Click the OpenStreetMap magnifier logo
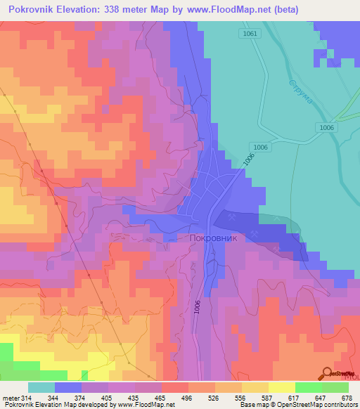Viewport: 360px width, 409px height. pyautogui.click(x=327, y=373)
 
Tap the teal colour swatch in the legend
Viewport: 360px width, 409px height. pyautogui.click(x=41, y=387)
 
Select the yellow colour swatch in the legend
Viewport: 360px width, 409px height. pyautogui.click(x=282, y=387)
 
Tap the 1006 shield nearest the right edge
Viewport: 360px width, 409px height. pyautogui.click(x=325, y=127)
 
